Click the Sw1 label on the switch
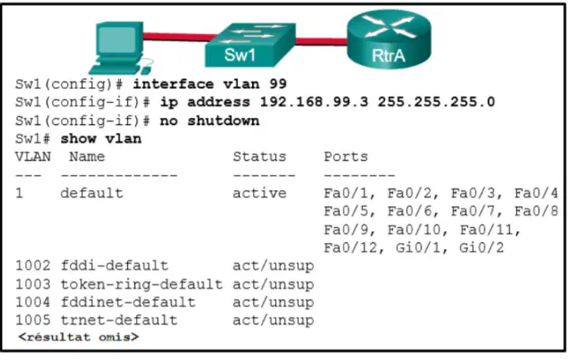240,55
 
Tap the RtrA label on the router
388,55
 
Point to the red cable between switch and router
321,40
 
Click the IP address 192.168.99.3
314,102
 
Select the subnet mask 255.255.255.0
436,102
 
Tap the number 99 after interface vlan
278,84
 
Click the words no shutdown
210,121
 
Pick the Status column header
259,157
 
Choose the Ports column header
345,157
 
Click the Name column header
87,157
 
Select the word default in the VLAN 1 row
92,193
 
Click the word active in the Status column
259,193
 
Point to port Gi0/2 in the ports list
481,248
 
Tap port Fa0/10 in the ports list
414,229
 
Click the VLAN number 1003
32,284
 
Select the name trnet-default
119,320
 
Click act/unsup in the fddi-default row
274,266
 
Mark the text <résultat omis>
78,337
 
